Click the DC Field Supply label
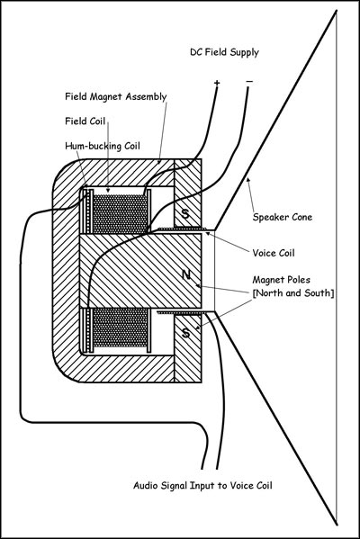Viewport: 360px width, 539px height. [224, 52]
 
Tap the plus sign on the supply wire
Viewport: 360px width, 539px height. [217, 83]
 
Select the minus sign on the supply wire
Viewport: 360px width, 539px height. [249, 82]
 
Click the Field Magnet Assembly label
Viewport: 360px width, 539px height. [115, 96]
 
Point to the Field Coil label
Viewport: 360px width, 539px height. [85, 121]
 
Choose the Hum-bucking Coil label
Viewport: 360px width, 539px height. [103, 146]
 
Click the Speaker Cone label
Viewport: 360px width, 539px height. [283, 217]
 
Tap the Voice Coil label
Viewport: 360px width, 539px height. [274, 253]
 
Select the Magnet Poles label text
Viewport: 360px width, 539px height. [282, 280]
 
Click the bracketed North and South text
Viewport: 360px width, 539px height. [293, 293]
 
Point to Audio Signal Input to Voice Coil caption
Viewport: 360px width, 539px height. [202, 485]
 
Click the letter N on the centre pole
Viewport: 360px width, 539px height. [186, 274]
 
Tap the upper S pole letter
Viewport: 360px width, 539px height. [185, 213]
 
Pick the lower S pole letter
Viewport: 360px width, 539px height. [185, 333]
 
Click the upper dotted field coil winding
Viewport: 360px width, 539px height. [120, 214]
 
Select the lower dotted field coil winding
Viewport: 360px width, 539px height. [120, 328]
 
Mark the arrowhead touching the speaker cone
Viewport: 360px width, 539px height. [247, 180]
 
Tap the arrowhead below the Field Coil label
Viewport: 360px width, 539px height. [108, 190]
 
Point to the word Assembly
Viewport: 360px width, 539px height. [146, 97]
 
